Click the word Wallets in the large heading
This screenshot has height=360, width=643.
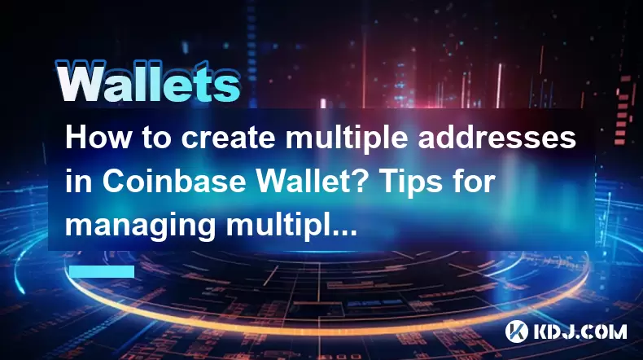148,82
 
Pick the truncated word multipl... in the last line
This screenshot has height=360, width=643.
291,227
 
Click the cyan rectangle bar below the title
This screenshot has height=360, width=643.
102,271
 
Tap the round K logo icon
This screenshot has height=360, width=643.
517,331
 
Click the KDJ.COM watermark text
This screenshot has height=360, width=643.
580,331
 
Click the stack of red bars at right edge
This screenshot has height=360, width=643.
623,110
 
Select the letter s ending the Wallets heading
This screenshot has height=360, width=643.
227,87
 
